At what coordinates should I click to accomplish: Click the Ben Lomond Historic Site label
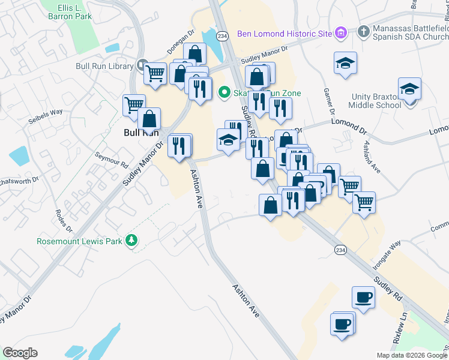284,33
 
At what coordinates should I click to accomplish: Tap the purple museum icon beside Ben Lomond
341,32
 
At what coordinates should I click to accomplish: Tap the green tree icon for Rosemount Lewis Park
131,241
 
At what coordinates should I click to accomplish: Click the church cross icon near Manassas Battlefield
363,31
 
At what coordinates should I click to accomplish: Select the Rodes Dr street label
64,221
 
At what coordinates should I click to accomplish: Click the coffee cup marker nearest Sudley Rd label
364,298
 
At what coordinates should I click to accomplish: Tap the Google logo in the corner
20,353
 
